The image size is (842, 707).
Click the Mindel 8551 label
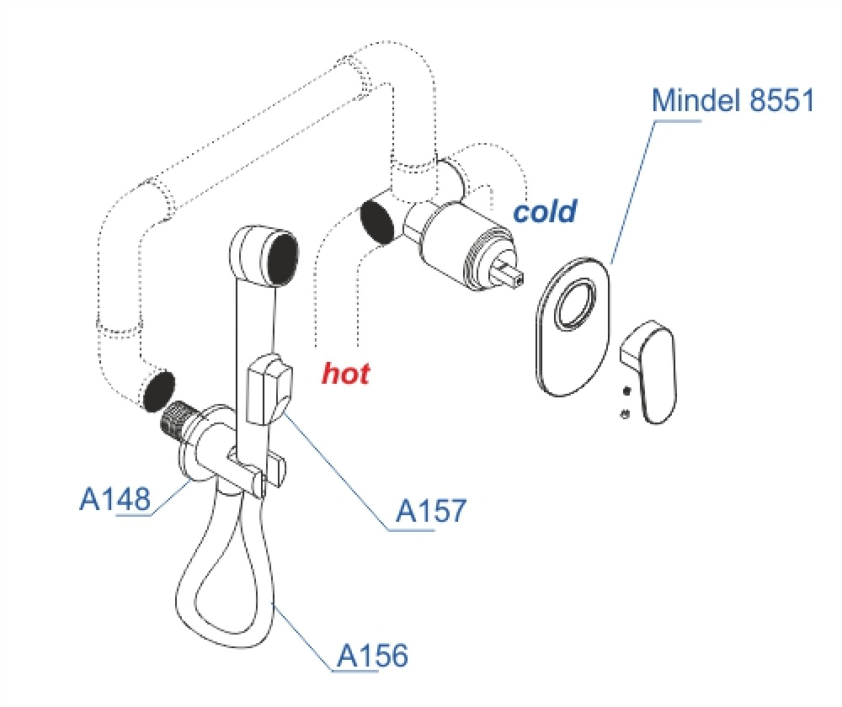(x=733, y=102)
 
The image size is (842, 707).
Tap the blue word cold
(x=545, y=211)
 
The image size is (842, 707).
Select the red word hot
(x=346, y=373)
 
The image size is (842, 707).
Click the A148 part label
(x=115, y=499)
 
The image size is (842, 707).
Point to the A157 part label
(x=431, y=511)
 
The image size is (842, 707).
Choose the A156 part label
(x=372, y=655)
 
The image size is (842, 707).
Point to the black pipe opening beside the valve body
(x=376, y=221)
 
